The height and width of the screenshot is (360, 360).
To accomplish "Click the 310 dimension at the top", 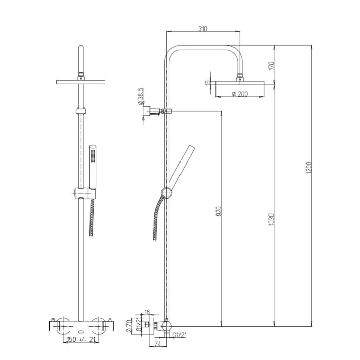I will click(x=202, y=29).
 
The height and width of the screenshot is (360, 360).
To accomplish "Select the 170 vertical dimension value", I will click(x=272, y=65).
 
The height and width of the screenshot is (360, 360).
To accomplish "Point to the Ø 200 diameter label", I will click(x=240, y=93).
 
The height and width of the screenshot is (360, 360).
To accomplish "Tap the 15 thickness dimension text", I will click(x=208, y=83).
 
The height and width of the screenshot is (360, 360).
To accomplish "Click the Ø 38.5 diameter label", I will click(x=140, y=96).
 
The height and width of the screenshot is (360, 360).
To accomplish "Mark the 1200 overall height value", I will click(x=309, y=168).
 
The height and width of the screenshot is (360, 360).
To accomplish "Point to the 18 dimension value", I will click(x=147, y=312).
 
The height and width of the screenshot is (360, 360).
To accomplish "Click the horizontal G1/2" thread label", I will click(x=179, y=336).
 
